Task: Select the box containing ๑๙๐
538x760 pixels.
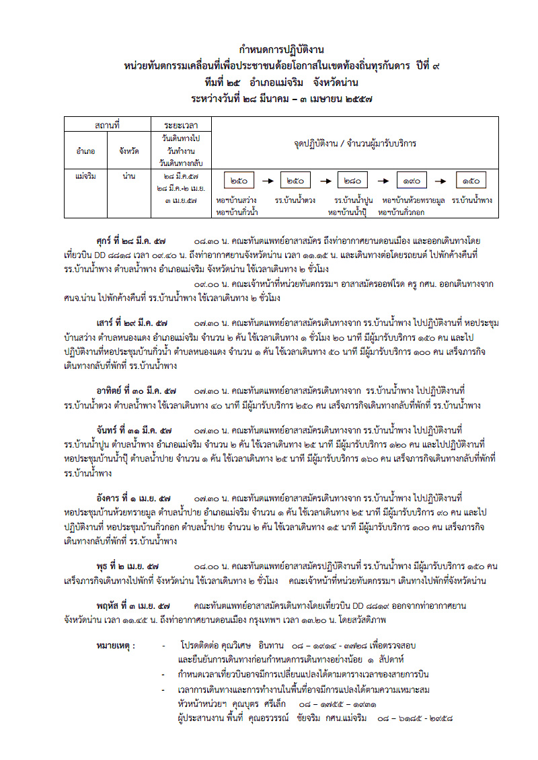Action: tap(412, 181)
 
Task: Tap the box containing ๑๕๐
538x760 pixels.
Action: tap(471, 181)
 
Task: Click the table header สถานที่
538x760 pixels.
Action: tap(108, 125)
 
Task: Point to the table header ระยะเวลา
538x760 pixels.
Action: tap(180, 125)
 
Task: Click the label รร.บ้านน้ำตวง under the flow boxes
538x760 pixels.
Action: tap(295, 200)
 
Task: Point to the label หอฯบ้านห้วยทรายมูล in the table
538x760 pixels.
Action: tap(414, 200)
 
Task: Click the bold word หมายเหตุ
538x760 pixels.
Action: tap(115, 646)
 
